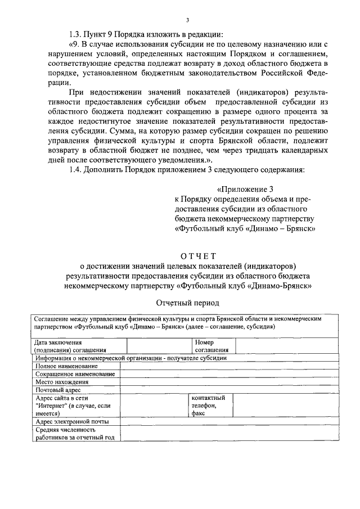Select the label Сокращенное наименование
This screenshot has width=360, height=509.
(75, 374)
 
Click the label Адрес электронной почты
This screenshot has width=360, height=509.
(71, 421)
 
